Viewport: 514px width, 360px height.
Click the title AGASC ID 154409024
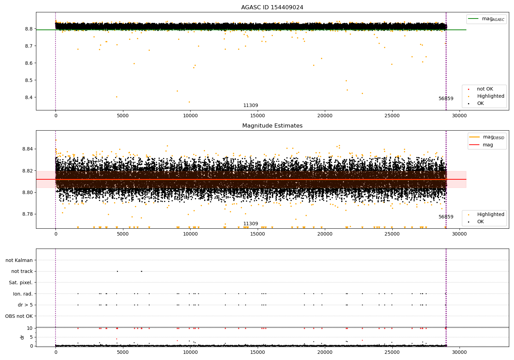(272, 8)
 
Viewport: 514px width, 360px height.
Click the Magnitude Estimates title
(272, 126)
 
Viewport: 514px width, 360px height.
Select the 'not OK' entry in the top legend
(485, 89)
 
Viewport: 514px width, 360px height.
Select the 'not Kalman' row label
(19, 260)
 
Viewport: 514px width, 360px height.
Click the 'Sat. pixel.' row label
(21, 283)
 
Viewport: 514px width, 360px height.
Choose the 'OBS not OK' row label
(19, 316)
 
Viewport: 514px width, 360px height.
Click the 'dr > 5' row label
(25, 305)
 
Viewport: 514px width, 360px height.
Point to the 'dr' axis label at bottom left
(22, 337)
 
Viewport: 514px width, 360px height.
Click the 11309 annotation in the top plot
(250, 106)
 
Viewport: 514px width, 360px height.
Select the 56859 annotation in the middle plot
(446, 217)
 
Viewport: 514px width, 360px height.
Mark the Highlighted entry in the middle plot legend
(490, 215)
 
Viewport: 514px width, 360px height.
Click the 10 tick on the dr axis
(30, 328)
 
